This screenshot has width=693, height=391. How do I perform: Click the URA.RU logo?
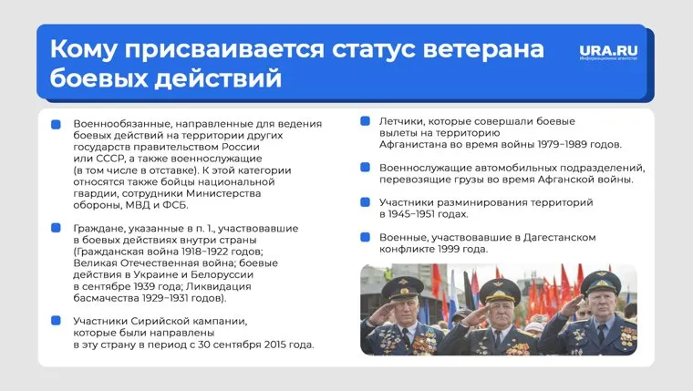(x=607, y=52)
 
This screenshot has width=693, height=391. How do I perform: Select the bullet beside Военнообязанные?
(x=57, y=124)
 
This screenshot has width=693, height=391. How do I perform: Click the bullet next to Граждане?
(x=57, y=228)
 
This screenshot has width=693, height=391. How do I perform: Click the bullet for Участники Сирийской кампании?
(x=57, y=321)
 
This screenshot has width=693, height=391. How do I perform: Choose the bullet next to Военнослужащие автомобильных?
(x=364, y=168)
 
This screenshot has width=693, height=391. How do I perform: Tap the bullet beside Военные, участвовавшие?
(x=364, y=237)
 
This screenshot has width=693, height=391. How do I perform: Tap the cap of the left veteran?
(x=404, y=285)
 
